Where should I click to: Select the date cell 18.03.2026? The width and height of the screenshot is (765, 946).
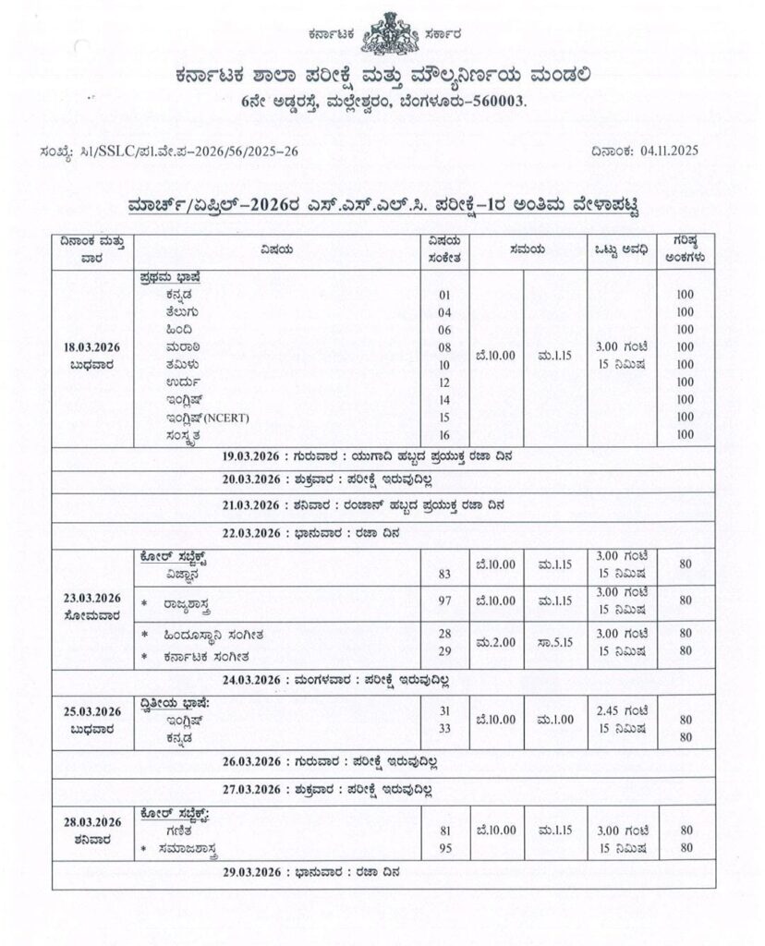point(93,347)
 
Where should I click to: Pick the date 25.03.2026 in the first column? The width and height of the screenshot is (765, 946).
point(93,710)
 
